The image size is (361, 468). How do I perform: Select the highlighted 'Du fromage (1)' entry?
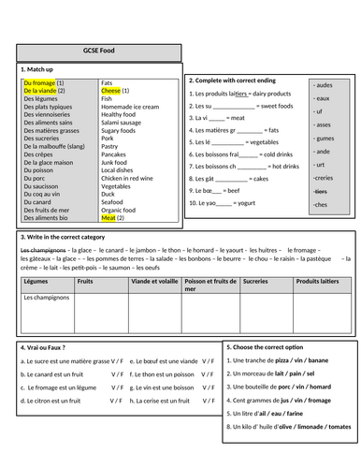click(x=42, y=82)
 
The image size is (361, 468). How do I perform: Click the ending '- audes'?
click(x=322, y=85)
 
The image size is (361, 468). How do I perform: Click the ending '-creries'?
click(x=324, y=177)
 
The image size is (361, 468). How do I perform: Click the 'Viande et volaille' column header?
click(x=154, y=280)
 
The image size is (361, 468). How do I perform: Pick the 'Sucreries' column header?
click(x=255, y=280)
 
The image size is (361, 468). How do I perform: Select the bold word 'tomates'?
click(x=339, y=426)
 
